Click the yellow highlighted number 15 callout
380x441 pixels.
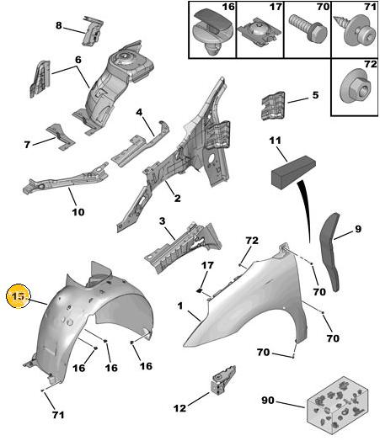18,296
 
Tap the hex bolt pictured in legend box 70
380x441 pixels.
308,27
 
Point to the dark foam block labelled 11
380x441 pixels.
292,173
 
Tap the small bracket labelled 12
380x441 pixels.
223,380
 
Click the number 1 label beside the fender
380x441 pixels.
180,306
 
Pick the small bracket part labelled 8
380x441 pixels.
93,30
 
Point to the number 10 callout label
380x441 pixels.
78,212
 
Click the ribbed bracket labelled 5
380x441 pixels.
273,106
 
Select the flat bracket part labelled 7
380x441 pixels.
61,136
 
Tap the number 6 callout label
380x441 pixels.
78,60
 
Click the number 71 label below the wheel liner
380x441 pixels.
58,415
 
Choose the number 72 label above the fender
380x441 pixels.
252,241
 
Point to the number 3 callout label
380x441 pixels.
162,221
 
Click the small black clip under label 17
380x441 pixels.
200,290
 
